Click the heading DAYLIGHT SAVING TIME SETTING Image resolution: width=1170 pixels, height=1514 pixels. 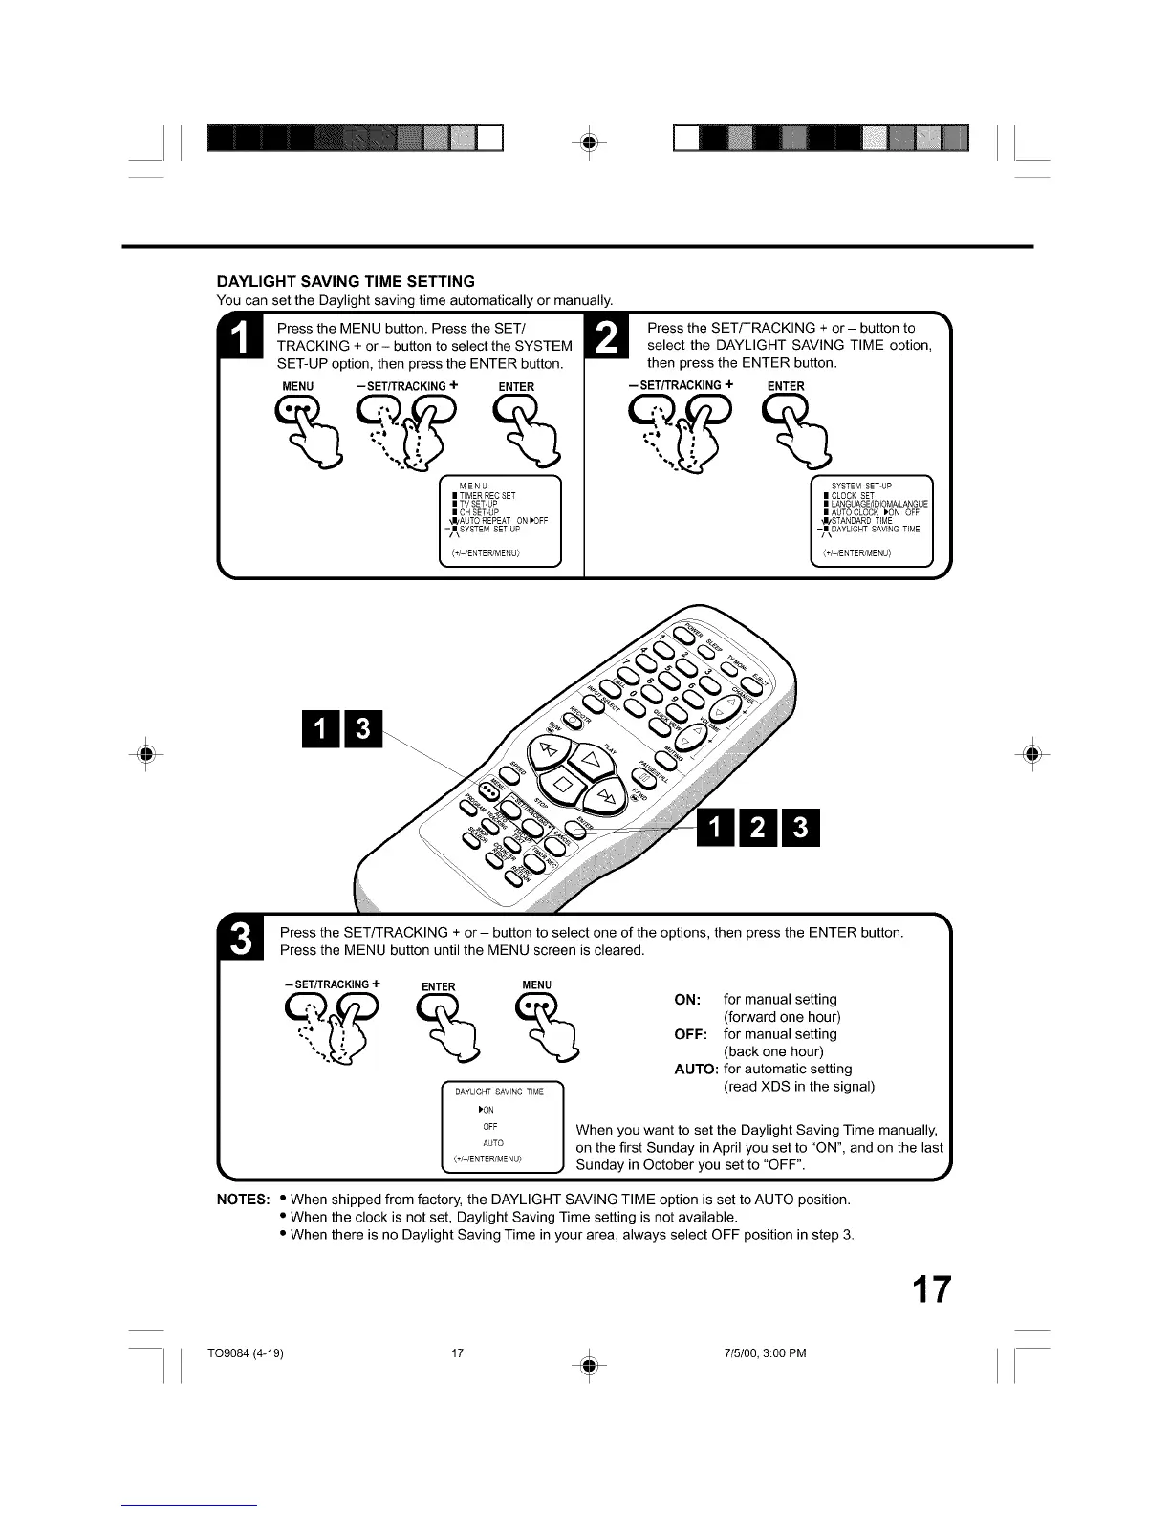(x=345, y=281)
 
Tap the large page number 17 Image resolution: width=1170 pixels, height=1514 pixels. (x=930, y=1289)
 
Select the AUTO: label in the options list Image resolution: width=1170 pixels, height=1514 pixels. (x=696, y=1069)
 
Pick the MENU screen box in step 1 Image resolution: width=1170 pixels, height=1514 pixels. (x=499, y=521)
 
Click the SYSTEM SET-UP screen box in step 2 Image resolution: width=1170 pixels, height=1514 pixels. (x=870, y=521)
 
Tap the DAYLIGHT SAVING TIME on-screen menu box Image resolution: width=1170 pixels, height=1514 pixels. (x=503, y=1127)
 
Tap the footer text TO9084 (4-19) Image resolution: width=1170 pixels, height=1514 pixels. (x=245, y=1353)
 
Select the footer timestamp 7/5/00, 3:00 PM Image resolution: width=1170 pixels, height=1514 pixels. (x=765, y=1353)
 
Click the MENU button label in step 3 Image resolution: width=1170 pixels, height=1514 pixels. (x=536, y=984)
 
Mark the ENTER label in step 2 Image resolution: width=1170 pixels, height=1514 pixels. (x=786, y=386)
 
